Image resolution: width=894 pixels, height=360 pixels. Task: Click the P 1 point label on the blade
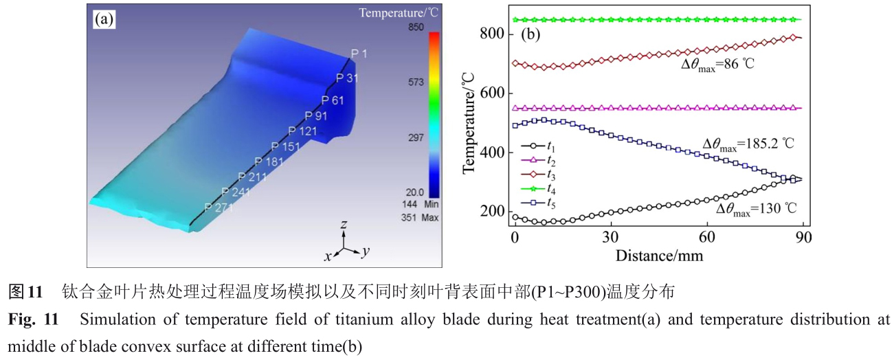[359, 54]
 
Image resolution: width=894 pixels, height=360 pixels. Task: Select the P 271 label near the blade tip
[219, 207]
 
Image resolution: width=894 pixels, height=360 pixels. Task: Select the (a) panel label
[104, 19]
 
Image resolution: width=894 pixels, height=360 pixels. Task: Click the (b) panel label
[532, 34]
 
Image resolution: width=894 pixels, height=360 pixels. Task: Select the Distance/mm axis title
[659, 255]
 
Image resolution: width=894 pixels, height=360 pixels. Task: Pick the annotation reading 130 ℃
[756, 209]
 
